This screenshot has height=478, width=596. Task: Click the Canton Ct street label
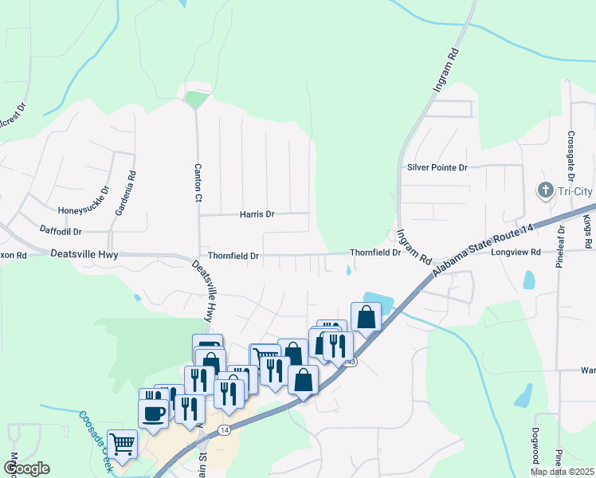(198, 183)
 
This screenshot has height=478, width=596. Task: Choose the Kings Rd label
(587, 231)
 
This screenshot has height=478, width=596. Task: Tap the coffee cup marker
(154, 413)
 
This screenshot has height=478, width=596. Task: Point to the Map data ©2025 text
(562, 472)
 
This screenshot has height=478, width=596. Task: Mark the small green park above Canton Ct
(195, 100)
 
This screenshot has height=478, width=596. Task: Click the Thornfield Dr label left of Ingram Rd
(374, 253)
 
